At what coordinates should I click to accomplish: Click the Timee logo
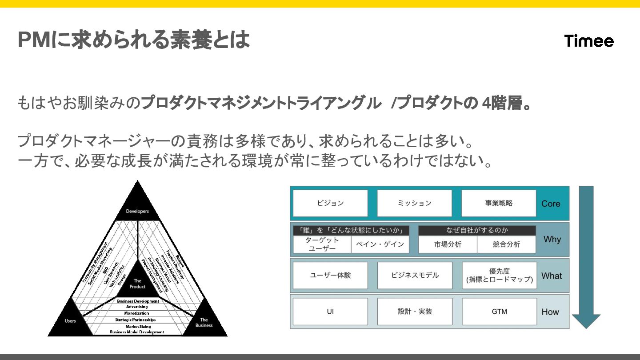coord(589,41)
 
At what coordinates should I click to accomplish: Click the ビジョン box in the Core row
coord(330,203)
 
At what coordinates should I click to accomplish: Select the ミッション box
coord(414,203)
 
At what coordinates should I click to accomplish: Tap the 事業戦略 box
coord(499,203)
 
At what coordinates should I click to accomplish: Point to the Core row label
coord(551,204)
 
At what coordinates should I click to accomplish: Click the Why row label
coord(552,239)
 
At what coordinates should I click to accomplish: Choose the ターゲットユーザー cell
coord(322,244)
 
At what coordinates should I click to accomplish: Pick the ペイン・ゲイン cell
coord(380,244)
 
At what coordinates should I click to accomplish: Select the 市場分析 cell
coord(448,244)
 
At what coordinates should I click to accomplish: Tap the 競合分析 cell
coord(506,244)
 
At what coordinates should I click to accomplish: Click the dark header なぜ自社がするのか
coord(477,230)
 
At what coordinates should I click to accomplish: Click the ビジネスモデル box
coord(415,275)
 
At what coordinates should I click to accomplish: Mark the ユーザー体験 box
coord(330,275)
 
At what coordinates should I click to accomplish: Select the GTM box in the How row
coord(499,312)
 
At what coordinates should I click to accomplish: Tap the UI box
coord(330,312)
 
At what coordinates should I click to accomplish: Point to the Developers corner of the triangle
coord(138,209)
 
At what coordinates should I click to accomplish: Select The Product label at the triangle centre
coord(138,284)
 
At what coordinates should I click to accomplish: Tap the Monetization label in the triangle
coord(137,313)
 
